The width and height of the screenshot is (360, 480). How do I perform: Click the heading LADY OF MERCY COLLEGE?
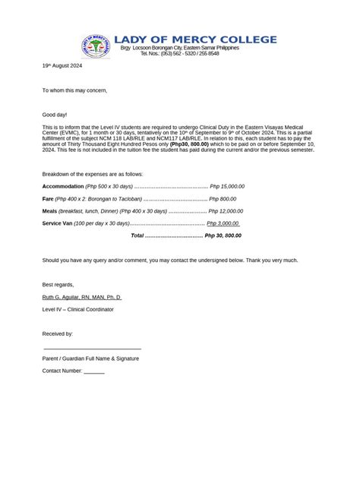(195, 39)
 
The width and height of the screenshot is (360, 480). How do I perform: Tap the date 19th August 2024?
(62, 66)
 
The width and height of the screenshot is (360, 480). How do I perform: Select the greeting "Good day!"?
(54, 114)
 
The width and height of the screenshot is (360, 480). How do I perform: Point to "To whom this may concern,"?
(74, 90)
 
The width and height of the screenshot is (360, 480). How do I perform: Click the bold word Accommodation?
(62, 186)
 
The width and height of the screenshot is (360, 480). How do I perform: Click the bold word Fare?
(48, 198)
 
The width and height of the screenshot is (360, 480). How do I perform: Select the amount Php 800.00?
(223, 198)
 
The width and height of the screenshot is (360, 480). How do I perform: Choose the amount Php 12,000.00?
(226, 211)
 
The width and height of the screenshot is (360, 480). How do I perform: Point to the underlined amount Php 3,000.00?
(224, 223)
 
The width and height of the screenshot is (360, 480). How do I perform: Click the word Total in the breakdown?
(137, 235)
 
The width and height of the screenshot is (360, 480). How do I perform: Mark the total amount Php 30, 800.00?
(223, 235)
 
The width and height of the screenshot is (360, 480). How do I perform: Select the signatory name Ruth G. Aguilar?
(81, 297)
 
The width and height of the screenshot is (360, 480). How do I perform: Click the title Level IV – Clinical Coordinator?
(77, 309)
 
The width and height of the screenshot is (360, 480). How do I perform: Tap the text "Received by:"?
(58, 333)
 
